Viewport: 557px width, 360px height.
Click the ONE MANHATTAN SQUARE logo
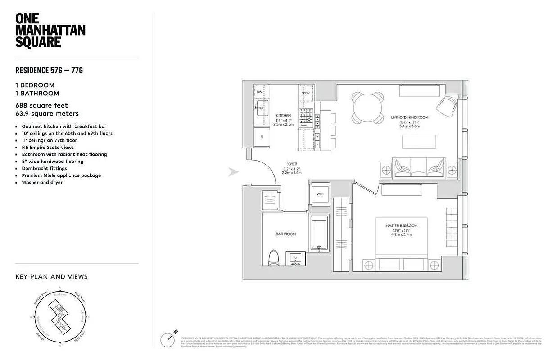tap(50, 30)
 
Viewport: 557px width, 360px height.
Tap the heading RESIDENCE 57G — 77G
tap(49, 70)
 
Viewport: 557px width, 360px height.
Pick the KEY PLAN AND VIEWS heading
tap(51, 276)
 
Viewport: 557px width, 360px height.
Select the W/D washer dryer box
tap(320, 194)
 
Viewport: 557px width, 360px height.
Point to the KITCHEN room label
tap(284, 116)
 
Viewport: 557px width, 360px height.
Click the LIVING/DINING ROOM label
tap(409, 117)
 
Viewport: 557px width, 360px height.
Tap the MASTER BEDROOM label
tap(401, 225)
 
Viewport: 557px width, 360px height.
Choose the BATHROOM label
tap(286, 234)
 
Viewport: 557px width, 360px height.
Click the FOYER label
tap(292, 164)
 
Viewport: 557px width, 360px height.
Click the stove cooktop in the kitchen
tap(306, 117)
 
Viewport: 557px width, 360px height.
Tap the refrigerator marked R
tap(261, 136)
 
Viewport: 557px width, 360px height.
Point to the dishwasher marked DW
tap(259, 92)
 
